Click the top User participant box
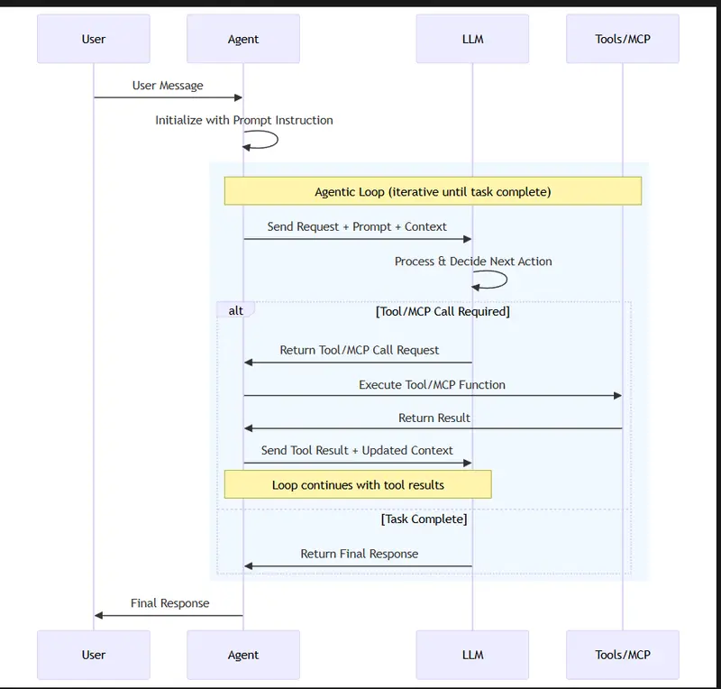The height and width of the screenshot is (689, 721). tap(94, 39)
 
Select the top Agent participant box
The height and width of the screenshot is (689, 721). tap(243, 39)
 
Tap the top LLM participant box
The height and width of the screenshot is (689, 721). tap(472, 39)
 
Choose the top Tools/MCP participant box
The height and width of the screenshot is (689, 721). tap(622, 39)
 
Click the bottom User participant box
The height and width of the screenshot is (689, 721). tap(94, 655)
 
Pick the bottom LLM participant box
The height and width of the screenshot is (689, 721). tap(472, 655)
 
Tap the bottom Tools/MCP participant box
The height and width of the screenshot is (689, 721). tap(622, 655)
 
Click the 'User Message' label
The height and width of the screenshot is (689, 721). tap(168, 86)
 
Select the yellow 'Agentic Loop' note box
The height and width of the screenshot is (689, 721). tap(433, 191)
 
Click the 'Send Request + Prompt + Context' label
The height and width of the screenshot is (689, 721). tap(357, 226)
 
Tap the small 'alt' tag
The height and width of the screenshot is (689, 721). tap(235, 310)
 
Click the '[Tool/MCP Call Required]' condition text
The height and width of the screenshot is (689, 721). tap(443, 312)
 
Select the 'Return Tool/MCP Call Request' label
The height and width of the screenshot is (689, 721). tap(359, 350)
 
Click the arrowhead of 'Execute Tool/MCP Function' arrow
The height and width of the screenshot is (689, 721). tap(617, 396)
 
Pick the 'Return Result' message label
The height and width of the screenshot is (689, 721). tap(434, 418)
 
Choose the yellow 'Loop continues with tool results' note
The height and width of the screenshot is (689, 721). tap(358, 484)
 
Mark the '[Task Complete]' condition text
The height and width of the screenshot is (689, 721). tap(424, 519)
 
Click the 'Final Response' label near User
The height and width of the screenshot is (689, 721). tap(169, 603)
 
